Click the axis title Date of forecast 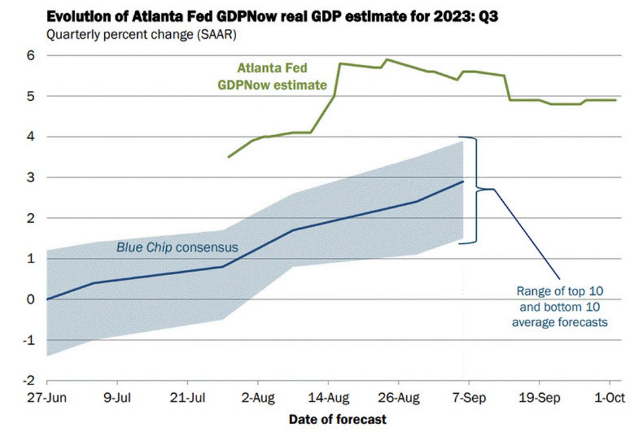click(x=338, y=419)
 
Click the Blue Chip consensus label click(x=177, y=248)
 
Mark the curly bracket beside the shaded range click(x=476, y=190)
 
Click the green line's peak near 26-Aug click(x=386, y=59)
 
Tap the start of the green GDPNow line click(x=228, y=157)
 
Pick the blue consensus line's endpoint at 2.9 click(x=464, y=181)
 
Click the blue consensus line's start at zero click(x=47, y=299)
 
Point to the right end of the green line click(x=616, y=100)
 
